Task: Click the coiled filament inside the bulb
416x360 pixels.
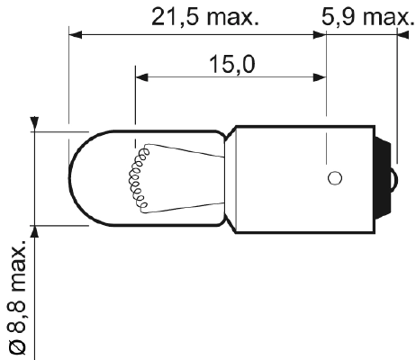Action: [138, 176]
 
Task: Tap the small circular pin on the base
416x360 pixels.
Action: [333, 177]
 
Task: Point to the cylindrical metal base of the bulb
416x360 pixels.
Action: [297, 176]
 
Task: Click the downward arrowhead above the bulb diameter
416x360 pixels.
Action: [35, 124]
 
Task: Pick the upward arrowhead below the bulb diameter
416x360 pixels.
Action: [35, 230]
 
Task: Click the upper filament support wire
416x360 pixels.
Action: [180, 151]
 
